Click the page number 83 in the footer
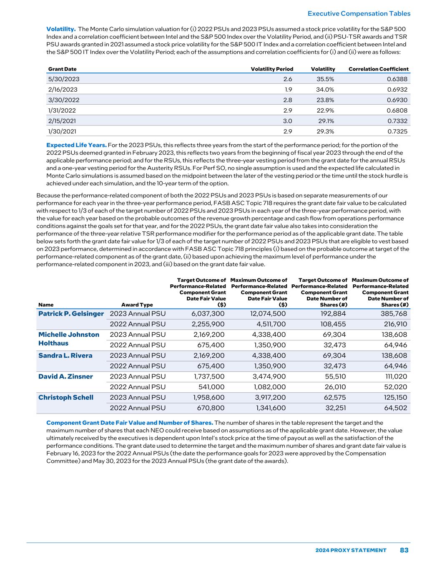(x=404, y=550)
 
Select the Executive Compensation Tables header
(x=359, y=13)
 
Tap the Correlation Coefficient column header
(x=378, y=69)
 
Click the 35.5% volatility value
(x=325, y=79)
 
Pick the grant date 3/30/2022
(x=64, y=100)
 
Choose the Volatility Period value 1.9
(x=288, y=90)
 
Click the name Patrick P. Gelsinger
(x=71, y=314)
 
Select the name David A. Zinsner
(x=65, y=376)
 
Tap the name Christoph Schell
(x=66, y=397)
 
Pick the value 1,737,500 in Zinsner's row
(x=208, y=376)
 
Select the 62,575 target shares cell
(x=334, y=397)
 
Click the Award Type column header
(x=137, y=305)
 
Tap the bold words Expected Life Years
(x=76, y=145)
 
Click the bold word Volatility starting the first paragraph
(x=60, y=29)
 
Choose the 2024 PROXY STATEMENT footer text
(x=351, y=550)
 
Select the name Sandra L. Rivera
(x=65, y=356)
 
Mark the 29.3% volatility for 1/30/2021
(x=325, y=132)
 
